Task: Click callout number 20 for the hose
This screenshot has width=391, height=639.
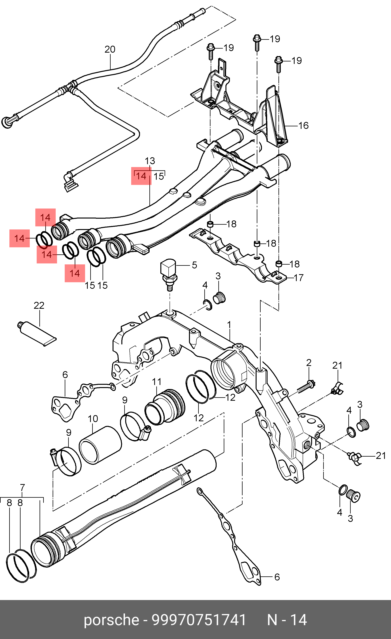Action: point(110,49)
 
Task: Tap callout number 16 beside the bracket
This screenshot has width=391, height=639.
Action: point(303,126)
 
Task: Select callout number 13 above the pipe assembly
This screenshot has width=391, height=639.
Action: point(150,161)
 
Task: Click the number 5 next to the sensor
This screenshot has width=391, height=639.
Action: point(194,265)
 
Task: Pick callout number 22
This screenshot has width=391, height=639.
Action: point(39,305)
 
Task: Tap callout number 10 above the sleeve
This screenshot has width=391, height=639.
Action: point(93,419)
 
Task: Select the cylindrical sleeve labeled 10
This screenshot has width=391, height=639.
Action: point(100,445)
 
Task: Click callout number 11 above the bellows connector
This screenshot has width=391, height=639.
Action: point(157,382)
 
